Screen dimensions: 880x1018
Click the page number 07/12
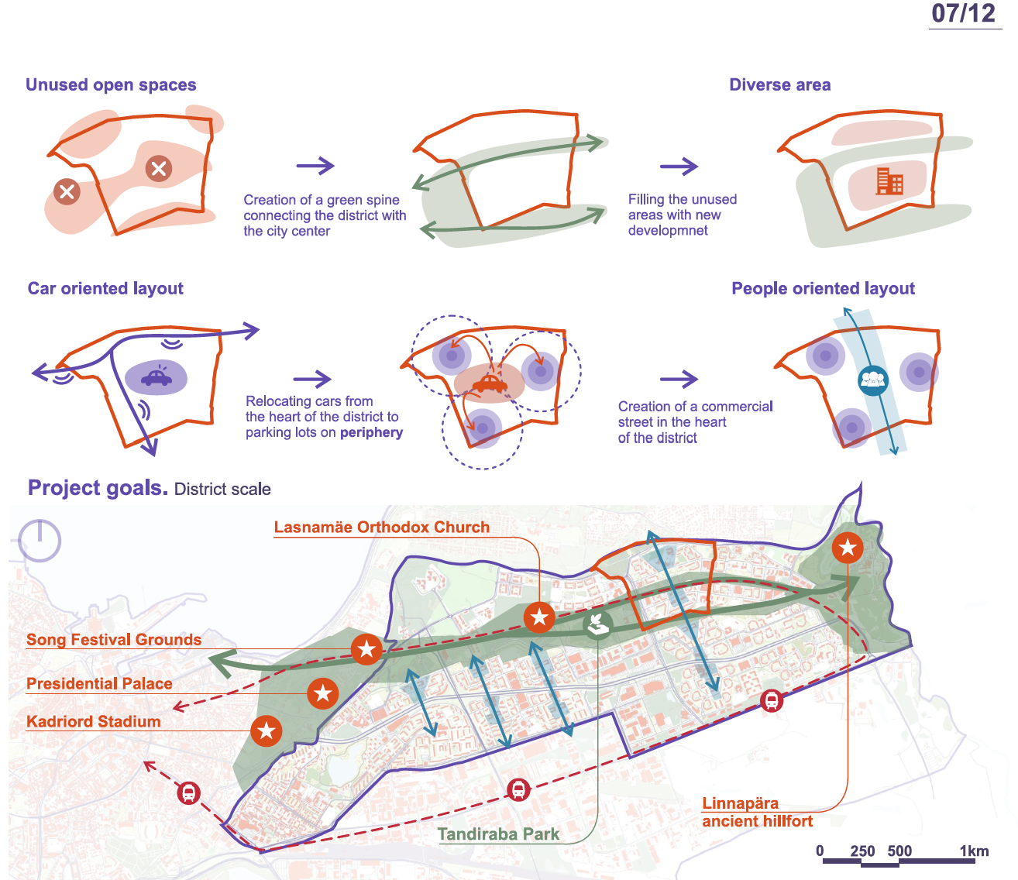963,14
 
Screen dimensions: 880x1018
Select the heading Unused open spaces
111,85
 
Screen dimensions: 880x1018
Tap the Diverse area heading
779,85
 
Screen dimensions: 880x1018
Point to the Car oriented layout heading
105,289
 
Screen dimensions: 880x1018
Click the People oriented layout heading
823,289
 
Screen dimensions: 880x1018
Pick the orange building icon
889,181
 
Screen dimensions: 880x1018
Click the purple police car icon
156,377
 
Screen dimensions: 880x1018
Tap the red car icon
489,383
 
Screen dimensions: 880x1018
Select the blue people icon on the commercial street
872,380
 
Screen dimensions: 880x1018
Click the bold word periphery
371,432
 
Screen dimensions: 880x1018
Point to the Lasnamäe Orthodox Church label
381,528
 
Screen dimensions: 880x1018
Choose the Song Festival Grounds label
114,640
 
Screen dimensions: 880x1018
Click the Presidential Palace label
99,684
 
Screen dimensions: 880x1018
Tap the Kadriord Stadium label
94,722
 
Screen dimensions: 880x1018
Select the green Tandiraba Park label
498,834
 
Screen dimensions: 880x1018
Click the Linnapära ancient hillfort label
757,813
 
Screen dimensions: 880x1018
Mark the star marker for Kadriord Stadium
266,730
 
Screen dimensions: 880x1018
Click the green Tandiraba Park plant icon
597,624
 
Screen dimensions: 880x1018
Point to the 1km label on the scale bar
974,851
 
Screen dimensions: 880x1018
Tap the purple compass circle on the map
40,539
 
